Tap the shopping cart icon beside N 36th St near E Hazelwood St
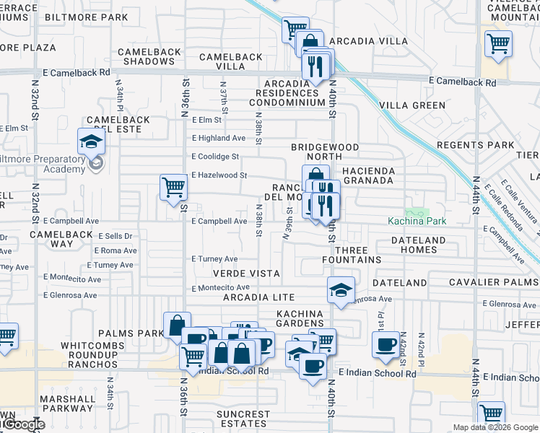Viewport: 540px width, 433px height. click(173, 188)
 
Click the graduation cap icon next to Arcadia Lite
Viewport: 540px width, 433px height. click(341, 290)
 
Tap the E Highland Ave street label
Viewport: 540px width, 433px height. click(218, 138)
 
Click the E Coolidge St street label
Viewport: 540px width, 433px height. click(214, 157)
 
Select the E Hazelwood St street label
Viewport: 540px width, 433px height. click(219, 175)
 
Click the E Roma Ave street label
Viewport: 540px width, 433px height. click(118, 251)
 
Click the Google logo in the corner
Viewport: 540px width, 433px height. click(23, 425)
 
